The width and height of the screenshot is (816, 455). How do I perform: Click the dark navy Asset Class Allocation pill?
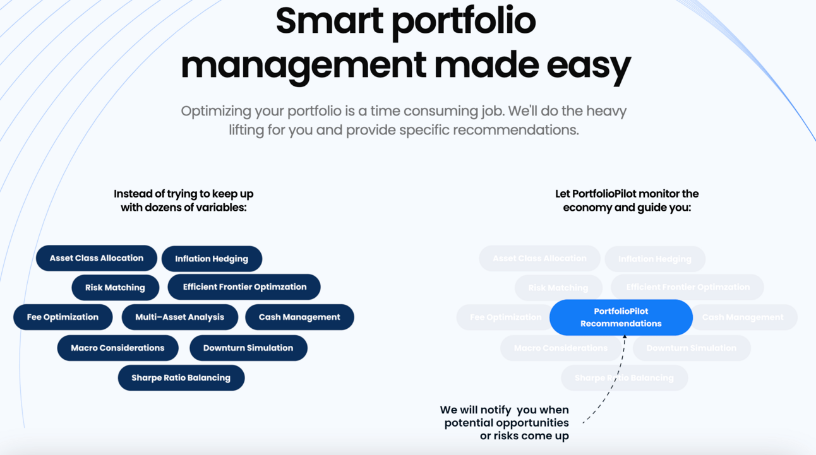97,258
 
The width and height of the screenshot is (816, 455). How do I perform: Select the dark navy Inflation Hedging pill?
212,259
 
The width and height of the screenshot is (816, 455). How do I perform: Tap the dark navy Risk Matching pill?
115,288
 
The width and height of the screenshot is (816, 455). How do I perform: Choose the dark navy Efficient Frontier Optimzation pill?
244,287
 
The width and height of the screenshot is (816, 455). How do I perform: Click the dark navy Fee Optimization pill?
63,317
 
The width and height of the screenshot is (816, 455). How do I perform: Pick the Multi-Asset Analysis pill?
179,317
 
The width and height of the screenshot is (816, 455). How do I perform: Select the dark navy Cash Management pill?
299,317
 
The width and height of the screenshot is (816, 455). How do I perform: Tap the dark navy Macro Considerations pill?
117,348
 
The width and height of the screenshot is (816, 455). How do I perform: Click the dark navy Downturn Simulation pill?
248,348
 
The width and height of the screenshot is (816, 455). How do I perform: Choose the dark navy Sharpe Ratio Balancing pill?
181,378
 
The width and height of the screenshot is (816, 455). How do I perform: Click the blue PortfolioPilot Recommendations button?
621,317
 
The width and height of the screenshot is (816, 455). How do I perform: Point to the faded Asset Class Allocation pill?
539,259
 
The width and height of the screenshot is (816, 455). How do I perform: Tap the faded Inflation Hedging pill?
655,259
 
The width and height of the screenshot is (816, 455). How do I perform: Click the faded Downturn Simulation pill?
692,348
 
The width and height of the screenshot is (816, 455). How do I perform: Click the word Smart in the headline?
328,20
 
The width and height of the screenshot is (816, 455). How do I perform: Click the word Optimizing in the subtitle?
215,112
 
